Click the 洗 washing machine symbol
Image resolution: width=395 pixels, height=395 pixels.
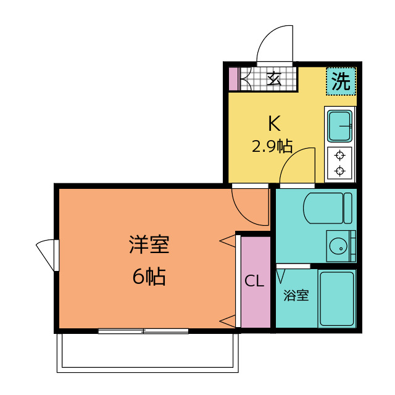point(341,81)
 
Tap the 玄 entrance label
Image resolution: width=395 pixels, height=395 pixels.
point(274,78)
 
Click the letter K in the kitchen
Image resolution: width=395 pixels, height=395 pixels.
point(273,124)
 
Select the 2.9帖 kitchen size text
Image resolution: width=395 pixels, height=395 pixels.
point(272,146)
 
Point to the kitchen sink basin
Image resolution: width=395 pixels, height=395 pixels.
point(339,126)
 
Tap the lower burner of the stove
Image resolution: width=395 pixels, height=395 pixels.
point(339,171)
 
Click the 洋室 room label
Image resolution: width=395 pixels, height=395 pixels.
point(149,245)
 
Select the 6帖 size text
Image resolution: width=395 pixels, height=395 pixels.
point(149,277)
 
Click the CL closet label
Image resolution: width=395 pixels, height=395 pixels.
point(255,281)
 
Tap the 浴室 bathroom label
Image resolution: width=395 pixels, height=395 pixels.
point(296,295)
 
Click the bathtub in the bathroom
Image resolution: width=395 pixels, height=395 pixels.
point(336,298)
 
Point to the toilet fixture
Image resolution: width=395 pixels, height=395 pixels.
point(327,207)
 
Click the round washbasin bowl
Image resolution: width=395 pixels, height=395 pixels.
point(338,247)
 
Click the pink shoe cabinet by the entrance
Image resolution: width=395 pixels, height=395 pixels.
point(233,78)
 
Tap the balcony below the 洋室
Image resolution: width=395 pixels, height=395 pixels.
point(148,352)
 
